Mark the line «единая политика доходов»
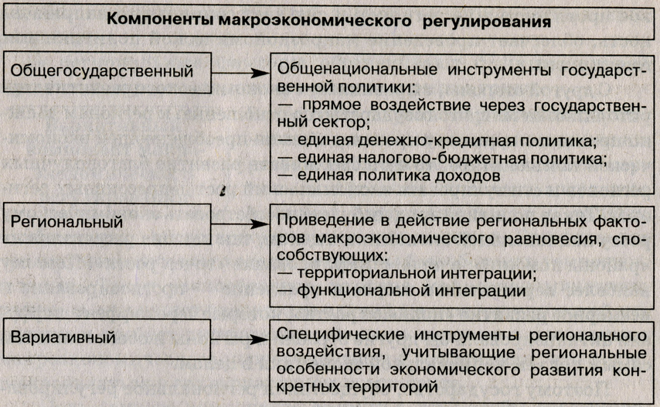tap(391, 176)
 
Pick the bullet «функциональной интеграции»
tap(402, 292)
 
